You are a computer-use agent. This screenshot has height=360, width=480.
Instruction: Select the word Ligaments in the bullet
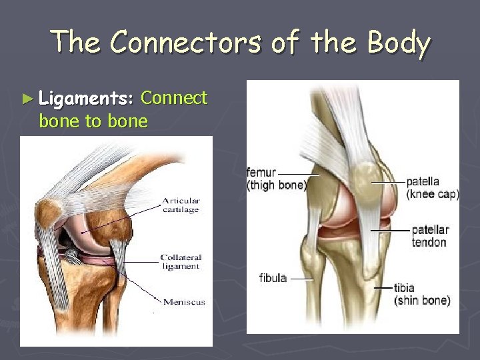[x=87, y=99]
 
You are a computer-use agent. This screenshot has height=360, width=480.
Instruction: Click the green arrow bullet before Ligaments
[x=27, y=99]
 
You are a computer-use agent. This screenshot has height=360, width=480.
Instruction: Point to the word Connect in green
[x=175, y=98]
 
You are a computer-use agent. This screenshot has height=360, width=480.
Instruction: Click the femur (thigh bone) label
[x=275, y=179]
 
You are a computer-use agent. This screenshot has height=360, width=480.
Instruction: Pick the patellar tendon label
[x=429, y=236]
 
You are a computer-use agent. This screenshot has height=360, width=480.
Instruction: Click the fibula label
[x=273, y=277]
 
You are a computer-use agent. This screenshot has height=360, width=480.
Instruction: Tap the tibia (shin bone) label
[x=421, y=294]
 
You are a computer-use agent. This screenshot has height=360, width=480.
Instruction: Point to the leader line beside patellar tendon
[x=389, y=230]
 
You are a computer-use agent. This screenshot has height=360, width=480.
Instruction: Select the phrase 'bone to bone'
[x=93, y=121]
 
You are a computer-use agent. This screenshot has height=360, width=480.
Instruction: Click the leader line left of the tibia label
[x=383, y=288]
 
